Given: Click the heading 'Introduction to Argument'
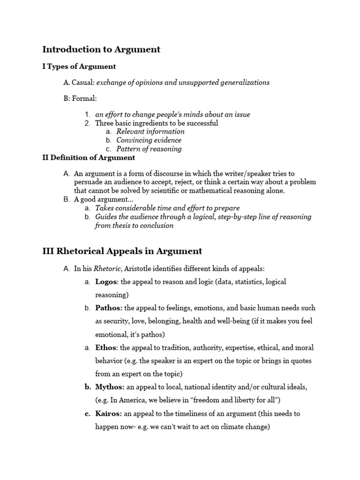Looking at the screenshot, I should (101, 49).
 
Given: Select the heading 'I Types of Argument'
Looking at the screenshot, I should (79, 66).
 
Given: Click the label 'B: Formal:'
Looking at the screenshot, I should (80, 99).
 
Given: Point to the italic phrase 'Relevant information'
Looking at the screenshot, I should (150, 131).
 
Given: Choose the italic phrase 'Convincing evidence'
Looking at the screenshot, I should (149, 140).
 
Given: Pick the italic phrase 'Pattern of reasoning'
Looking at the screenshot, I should (149, 149).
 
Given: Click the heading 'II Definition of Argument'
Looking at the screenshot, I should (89, 157).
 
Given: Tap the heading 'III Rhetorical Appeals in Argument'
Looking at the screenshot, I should (122, 251).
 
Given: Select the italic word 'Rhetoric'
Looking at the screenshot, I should (105, 269).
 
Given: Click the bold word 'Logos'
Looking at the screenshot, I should (105, 282).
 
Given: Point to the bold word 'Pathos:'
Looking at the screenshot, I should (109, 308).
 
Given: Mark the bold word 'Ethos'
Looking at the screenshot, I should (106, 348).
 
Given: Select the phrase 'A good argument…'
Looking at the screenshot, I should (101, 199).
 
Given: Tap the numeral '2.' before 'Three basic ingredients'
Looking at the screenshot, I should (87, 123).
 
